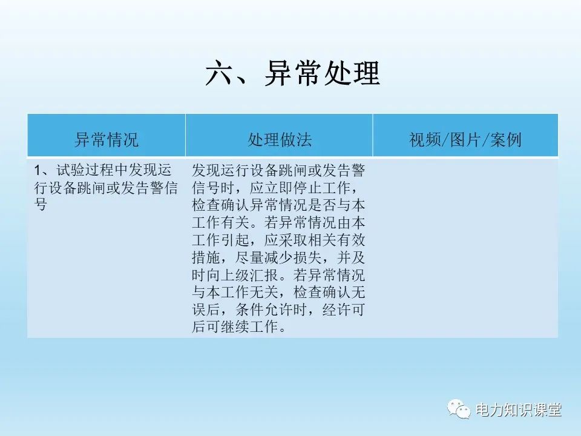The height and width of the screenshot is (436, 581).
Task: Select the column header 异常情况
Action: click(x=106, y=140)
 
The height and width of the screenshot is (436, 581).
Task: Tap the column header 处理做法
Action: click(x=279, y=140)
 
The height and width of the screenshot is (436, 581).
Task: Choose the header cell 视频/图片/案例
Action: click(x=465, y=140)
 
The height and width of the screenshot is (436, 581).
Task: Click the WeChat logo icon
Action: click(x=459, y=410)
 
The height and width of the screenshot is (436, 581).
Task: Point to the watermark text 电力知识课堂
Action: click(x=519, y=410)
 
